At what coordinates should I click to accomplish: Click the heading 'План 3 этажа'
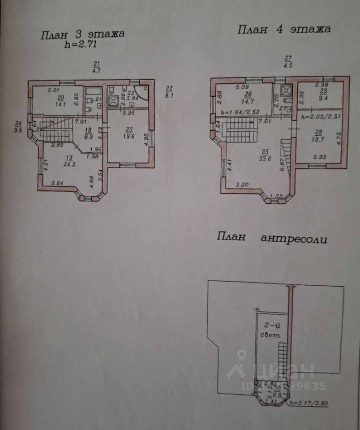pos(82,34)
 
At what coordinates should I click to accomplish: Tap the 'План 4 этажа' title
pos(283,30)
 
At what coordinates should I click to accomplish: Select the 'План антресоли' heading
pos(272,237)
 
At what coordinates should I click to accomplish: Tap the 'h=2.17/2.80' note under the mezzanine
pos(309,402)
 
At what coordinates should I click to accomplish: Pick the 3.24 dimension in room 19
pos(57,183)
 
